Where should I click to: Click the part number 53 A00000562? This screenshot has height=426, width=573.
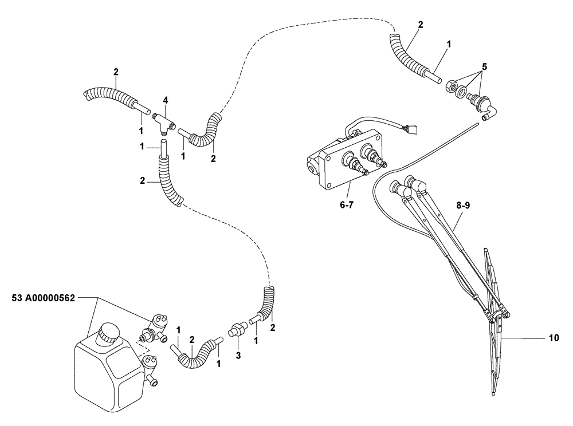click(x=43, y=298)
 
